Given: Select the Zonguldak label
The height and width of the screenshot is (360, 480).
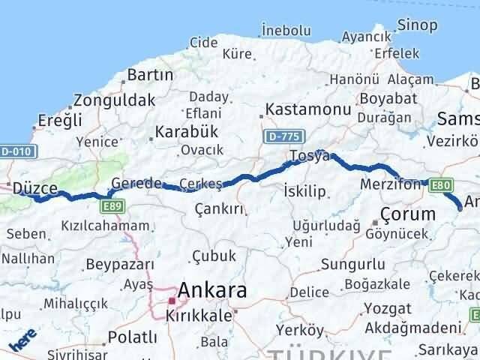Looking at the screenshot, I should point(114,100).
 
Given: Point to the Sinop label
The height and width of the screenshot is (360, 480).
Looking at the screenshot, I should point(418,25).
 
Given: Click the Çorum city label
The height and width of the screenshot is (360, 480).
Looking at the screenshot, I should point(407,214).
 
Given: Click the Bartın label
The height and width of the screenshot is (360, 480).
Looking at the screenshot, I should point(150,75).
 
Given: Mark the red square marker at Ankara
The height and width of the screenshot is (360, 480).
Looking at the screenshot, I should point(172,301).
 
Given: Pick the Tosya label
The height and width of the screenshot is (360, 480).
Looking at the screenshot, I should point(309,157).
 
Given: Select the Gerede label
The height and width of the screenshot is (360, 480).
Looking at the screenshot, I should point(136,184).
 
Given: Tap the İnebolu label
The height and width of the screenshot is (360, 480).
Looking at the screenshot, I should point(286,30).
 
